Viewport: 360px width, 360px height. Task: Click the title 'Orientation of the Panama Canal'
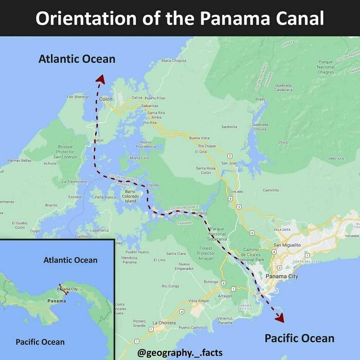pos(179,18)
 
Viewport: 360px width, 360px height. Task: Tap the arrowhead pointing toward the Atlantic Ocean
pos(100,79)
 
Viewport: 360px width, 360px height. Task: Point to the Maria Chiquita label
pos(174,60)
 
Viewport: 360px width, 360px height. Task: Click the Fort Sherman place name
pos(78,97)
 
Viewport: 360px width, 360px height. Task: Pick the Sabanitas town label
pos(150,105)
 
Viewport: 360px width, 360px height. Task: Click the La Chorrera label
pos(164,322)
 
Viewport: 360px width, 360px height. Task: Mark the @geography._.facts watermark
pos(180,352)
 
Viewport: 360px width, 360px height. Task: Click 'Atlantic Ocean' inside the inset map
pos(70,260)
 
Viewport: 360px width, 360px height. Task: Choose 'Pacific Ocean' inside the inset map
pos(40,342)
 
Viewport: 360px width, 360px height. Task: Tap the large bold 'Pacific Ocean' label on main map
pos(299,338)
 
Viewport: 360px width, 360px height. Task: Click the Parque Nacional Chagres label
pos(326,67)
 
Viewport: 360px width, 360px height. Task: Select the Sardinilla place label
pos(229,126)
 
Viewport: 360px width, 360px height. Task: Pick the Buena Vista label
pos(200,138)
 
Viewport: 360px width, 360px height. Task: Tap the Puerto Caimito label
pos(191,327)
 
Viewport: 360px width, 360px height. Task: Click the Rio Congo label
pos(170,286)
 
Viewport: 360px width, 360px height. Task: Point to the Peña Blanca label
pos(105,197)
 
